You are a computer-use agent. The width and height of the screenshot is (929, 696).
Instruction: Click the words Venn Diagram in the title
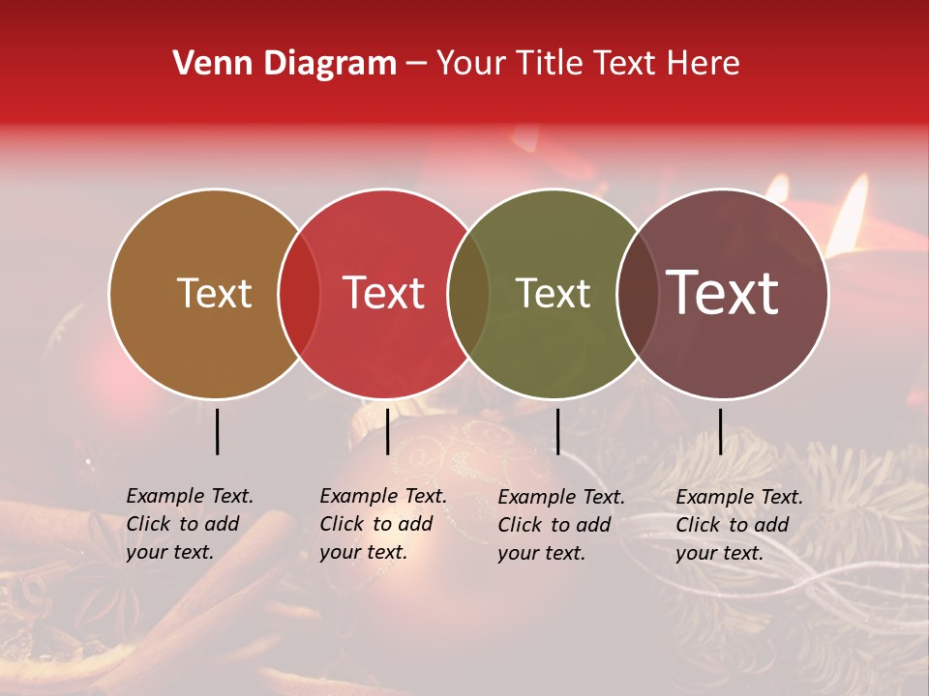[285, 64]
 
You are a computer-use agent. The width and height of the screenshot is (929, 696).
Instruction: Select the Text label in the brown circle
[214, 293]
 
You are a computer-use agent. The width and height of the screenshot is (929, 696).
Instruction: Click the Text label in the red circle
[384, 293]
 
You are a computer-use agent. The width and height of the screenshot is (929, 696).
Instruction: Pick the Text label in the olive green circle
[554, 293]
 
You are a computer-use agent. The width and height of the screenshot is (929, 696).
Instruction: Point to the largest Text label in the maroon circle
[723, 292]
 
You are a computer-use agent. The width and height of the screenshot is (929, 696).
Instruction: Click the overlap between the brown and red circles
[299, 294]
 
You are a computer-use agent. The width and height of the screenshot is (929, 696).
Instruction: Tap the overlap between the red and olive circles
[468, 294]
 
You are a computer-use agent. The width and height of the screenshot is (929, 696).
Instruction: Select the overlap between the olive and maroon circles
[638, 294]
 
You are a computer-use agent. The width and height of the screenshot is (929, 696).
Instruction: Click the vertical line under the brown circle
[217, 431]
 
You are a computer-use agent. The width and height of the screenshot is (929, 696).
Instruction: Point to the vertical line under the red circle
[387, 431]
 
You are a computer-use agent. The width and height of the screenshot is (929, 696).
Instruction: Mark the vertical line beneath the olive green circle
[557, 431]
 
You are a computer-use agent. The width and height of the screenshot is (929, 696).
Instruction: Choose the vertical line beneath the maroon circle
[720, 431]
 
